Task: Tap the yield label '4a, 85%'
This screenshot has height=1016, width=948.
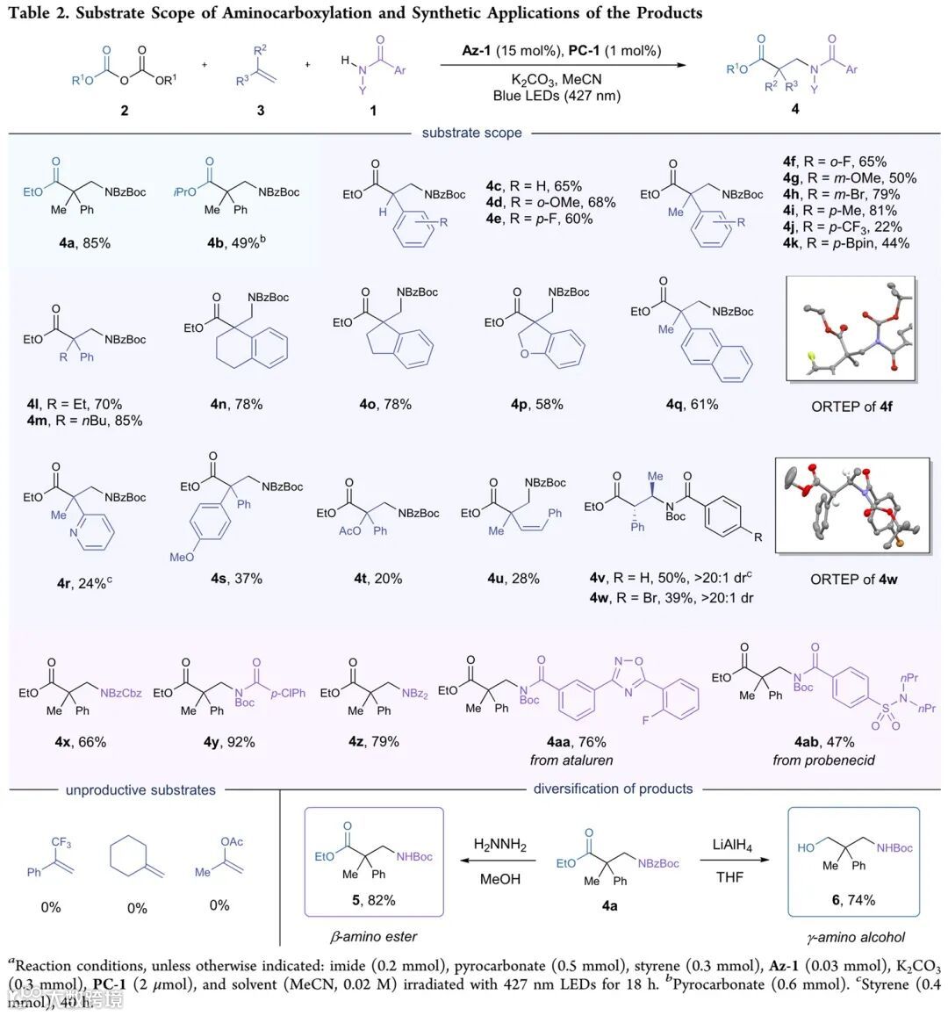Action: click(x=84, y=243)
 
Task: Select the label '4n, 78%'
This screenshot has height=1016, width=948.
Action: click(x=236, y=404)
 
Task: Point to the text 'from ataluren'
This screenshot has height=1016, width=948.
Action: click(x=571, y=760)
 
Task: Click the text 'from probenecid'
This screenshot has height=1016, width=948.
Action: click(x=823, y=760)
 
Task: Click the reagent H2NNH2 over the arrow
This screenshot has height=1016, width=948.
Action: click(x=500, y=845)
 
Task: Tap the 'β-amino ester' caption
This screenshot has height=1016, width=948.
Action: click(x=372, y=936)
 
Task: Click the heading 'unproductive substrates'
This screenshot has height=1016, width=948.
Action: click(x=140, y=789)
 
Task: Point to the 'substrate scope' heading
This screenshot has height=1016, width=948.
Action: click(x=471, y=133)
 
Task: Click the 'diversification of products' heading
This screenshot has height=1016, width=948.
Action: click(x=613, y=789)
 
